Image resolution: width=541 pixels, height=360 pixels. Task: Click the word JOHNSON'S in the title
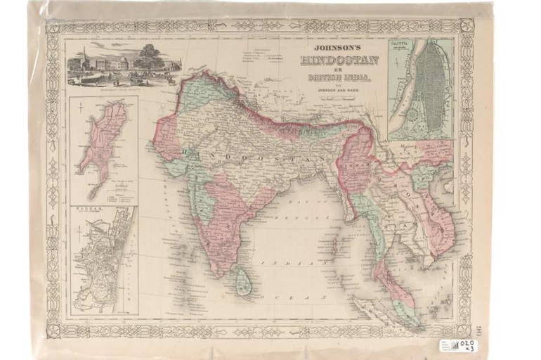(339, 50)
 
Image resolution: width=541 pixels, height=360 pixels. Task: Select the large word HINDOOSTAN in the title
(339, 60)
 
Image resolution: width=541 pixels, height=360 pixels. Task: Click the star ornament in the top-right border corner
(466, 26)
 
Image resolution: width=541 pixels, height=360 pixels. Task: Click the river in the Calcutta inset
(405, 91)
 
